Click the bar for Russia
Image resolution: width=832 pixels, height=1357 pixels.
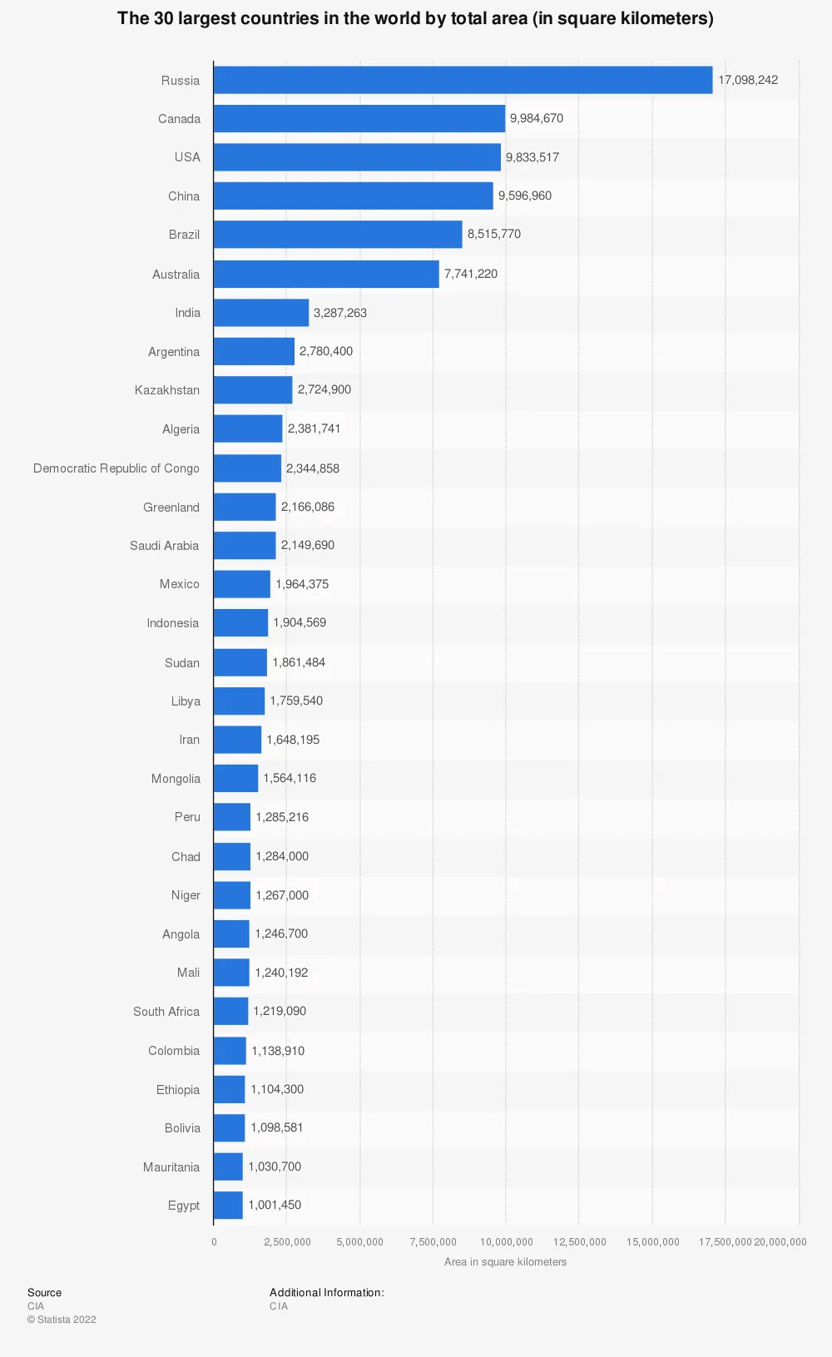463,80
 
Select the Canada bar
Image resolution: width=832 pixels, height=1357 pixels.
359,118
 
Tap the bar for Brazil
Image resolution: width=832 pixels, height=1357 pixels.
337,234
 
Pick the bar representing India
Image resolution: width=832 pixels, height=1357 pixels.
260,313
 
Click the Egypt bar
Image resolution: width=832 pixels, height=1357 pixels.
228,1205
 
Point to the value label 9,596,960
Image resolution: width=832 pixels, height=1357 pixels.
525,196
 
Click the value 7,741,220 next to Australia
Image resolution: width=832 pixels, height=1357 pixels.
471,274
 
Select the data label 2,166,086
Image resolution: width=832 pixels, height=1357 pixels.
308,507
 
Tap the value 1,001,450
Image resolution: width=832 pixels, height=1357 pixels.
275,1205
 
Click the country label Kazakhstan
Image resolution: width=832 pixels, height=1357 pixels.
167,390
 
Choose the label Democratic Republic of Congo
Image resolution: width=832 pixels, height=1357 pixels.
116,468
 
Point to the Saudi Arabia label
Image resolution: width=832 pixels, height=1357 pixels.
165,546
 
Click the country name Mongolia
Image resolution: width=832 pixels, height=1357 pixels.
176,779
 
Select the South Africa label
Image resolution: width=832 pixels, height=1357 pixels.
166,1012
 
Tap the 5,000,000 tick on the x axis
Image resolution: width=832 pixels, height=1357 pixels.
360,1242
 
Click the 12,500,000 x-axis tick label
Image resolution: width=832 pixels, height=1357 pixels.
580,1242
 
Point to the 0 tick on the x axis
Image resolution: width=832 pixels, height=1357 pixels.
214,1242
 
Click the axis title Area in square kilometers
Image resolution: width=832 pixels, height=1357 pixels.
505,1262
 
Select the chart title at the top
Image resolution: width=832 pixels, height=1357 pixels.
415,18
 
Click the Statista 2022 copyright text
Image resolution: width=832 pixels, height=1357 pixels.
62,1320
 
